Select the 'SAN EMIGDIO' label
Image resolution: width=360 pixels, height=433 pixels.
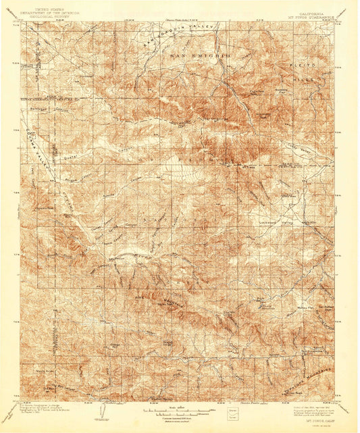click(x=200, y=53)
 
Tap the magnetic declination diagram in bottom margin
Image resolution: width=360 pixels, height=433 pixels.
click(x=103, y=410)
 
